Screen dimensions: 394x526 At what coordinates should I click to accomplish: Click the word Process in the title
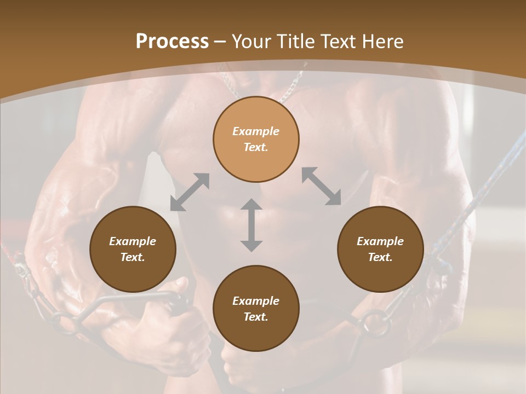tap(172, 42)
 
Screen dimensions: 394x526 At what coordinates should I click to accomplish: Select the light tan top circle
tap(256, 140)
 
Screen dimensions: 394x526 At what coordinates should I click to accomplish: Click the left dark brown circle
tap(133, 249)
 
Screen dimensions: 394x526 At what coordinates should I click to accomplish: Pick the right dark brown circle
tap(380, 249)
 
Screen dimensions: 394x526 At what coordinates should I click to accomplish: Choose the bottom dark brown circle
tap(256, 309)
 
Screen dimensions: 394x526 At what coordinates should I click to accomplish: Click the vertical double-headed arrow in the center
tap(251, 225)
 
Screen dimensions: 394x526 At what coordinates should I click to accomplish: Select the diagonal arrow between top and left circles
tap(190, 192)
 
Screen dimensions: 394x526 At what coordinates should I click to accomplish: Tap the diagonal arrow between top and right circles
tap(322, 186)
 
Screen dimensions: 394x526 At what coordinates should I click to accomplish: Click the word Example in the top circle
tap(256, 131)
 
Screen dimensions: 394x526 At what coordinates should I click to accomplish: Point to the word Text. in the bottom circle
tap(256, 317)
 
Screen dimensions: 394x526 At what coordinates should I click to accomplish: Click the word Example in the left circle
tap(133, 241)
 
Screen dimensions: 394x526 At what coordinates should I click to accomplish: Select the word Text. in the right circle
tap(380, 257)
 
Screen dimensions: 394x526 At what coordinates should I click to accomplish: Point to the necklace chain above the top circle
tap(290, 88)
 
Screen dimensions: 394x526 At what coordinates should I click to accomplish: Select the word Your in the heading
tap(249, 42)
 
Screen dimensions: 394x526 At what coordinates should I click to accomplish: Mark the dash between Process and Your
tap(220, 42)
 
